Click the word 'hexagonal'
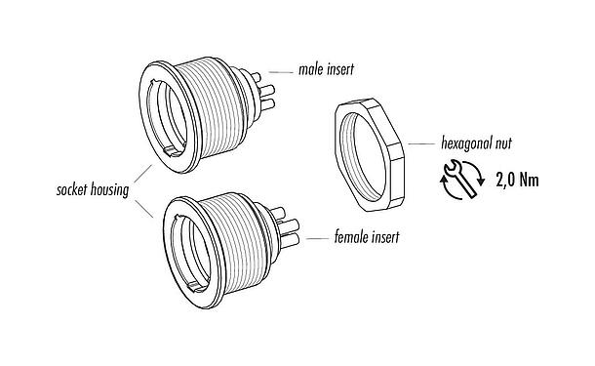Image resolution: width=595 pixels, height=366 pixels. click(456, 143)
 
